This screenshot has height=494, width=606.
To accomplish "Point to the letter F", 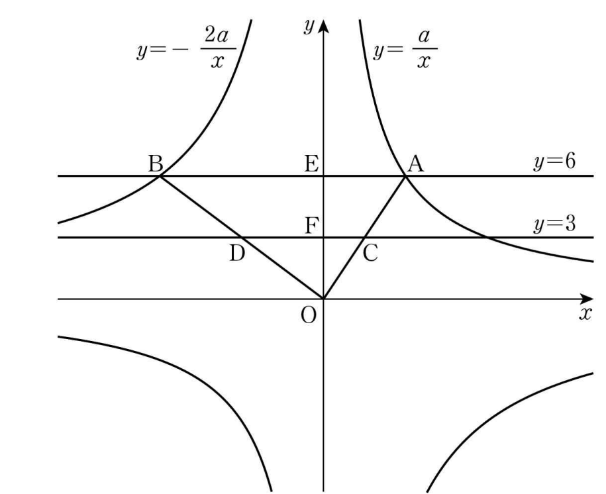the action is [x=311, y=226].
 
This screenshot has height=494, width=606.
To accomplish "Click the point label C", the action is [x=370, y=254].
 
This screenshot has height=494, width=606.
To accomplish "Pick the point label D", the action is [x=237, y=254].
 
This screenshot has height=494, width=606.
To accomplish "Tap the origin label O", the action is [x=309, y=315].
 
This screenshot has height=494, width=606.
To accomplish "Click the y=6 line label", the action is [x=554, y=162].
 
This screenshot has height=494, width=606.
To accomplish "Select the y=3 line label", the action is [x=554, y=224].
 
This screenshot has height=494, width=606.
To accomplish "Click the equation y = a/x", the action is [x=405, y=50].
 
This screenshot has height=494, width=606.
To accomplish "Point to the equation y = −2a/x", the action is [x=186, y=50].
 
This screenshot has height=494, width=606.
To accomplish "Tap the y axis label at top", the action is [x=309, y=26].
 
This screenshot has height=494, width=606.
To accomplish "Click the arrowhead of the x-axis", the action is [x=587, y=299].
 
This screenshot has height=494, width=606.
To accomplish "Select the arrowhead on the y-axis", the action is [x=323, y=26].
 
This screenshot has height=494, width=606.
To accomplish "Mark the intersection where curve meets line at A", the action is [x=405, y=176].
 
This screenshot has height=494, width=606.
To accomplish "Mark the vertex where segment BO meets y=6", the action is [x=160, y=176].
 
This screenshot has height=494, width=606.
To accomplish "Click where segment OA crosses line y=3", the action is [x=364, y=237].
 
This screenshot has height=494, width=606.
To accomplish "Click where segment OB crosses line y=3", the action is [x=242, y=237].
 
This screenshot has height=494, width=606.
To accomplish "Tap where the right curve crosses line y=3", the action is [x=487, y=237].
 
